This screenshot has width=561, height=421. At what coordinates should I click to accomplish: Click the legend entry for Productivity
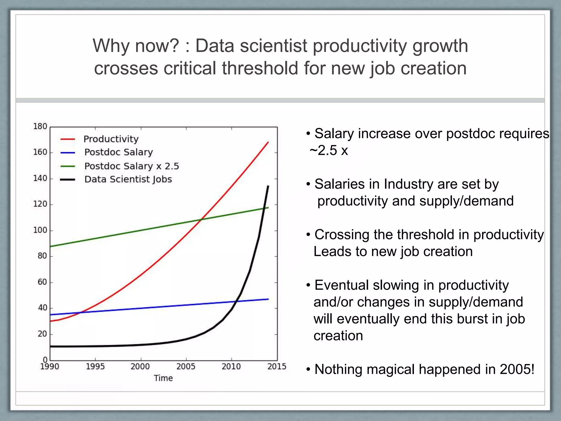tap(111, 139)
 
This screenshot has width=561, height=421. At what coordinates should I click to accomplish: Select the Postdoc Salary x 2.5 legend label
tap(131, 166)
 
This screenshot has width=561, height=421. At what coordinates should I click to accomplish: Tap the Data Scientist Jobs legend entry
tap(128, 179)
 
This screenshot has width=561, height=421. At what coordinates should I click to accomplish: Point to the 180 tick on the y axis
tap(40, 126)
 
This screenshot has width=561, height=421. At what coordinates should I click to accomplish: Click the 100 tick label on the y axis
tap(40, 230)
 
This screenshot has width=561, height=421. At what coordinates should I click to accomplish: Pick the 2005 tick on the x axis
tap(186, 366)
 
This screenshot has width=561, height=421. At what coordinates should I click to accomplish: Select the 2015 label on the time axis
tap(277, 366)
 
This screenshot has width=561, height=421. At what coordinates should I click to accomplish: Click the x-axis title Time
tap(163, 378)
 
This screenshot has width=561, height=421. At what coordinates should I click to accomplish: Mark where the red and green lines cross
tap(202, 219)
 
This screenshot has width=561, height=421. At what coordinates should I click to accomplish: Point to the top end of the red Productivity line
tap(268, 142)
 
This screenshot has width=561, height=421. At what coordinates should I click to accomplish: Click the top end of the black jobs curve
tap(268, 186)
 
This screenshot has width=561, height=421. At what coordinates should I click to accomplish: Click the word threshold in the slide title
tap(260, 68)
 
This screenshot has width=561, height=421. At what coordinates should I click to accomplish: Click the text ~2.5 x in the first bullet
tap(329, 150)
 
